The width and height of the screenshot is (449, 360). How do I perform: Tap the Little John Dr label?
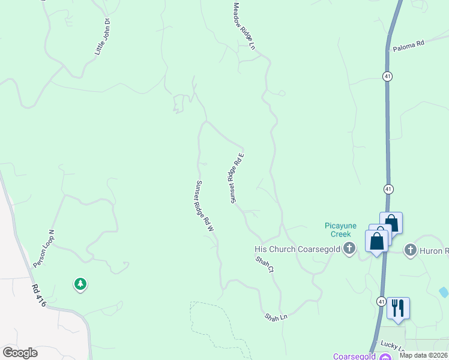[x=103, y=37]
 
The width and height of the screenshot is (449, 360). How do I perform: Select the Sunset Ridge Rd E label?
[x=235, y=178]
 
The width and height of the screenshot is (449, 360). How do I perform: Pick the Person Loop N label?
[x=43, y=248]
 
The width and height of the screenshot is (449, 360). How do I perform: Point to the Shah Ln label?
[x=276, y=315]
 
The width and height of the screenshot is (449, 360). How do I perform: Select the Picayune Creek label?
[x=341, y=230]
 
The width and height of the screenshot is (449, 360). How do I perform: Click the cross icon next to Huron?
[x=411, y=250]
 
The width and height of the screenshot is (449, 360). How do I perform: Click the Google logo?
[x=20, y=353]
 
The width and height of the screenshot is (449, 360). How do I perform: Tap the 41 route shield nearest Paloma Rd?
[x=388, y=76]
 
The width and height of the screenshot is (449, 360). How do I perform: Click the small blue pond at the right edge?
[x=444, y=292]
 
